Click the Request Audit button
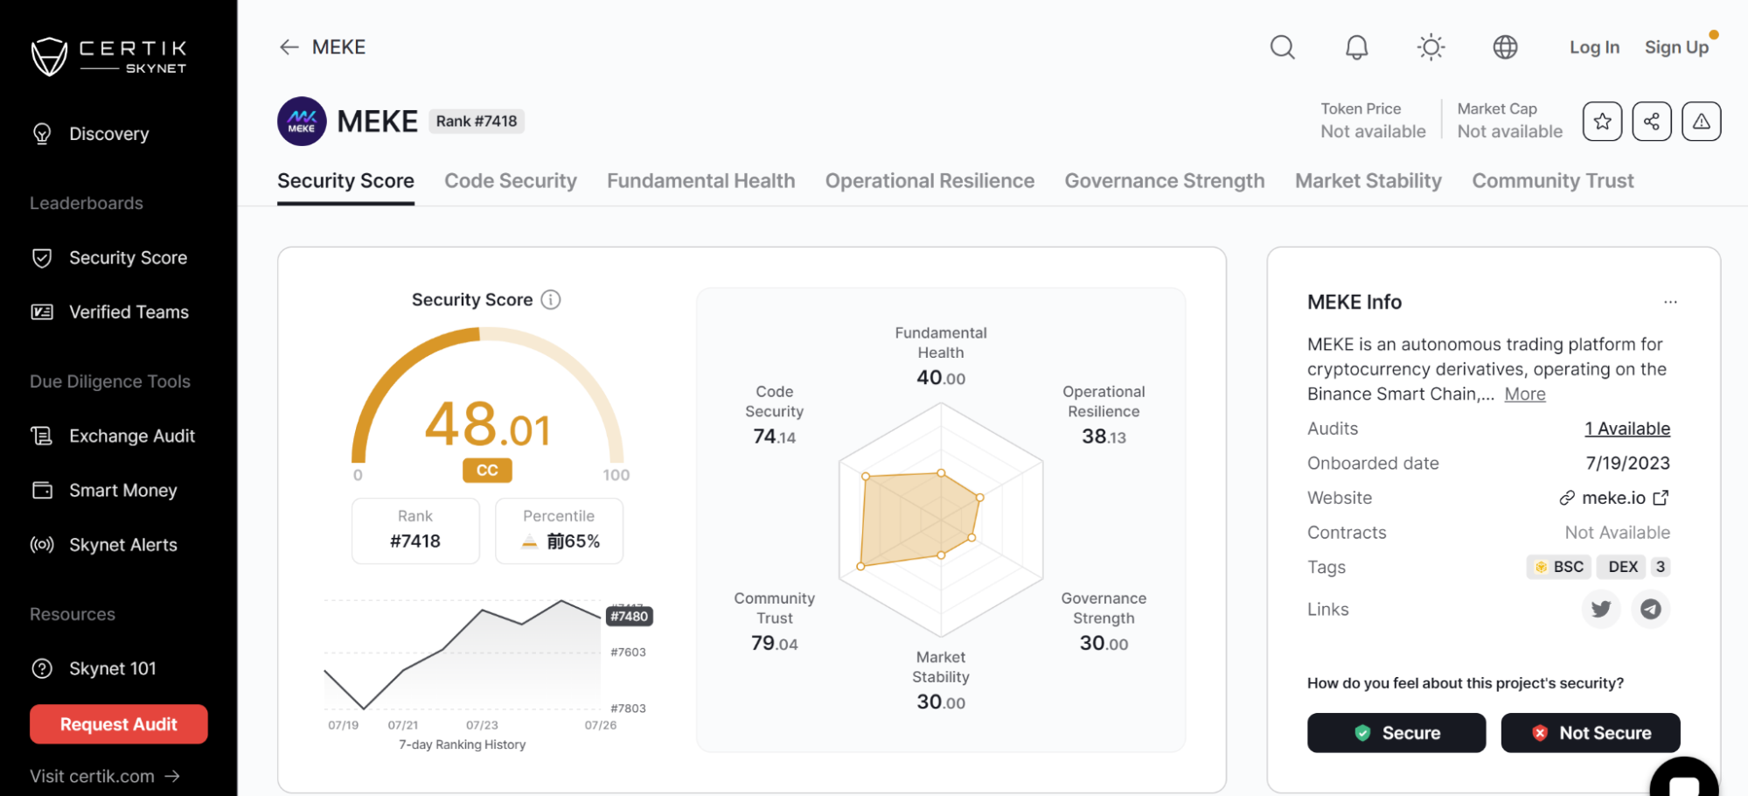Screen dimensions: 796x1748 point(119,724)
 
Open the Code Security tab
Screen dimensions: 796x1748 point(511,181)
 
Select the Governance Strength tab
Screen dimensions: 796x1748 point(1164,181)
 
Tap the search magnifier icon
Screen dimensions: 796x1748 point(1282,47)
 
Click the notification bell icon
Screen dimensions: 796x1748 point(1356,47)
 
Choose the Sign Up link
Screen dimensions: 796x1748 point(1676,47)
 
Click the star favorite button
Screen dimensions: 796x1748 point(1602,122)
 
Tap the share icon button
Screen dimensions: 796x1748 point(1651,122)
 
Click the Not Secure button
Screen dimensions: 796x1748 point(1590,733)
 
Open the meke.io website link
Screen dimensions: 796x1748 point(1613,498)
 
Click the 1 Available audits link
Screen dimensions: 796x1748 point(1626,429)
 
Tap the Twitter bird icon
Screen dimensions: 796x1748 point(1601,609)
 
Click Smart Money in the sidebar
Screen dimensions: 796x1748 point(122,491)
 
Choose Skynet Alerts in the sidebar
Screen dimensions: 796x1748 point(122,545)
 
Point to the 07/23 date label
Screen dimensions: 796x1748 point(482,725)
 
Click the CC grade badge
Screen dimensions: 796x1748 point(487,471)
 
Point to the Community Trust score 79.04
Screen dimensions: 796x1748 point(774,644)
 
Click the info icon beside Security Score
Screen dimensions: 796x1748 point(550,300)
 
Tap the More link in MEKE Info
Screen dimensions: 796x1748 point(1524,395)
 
